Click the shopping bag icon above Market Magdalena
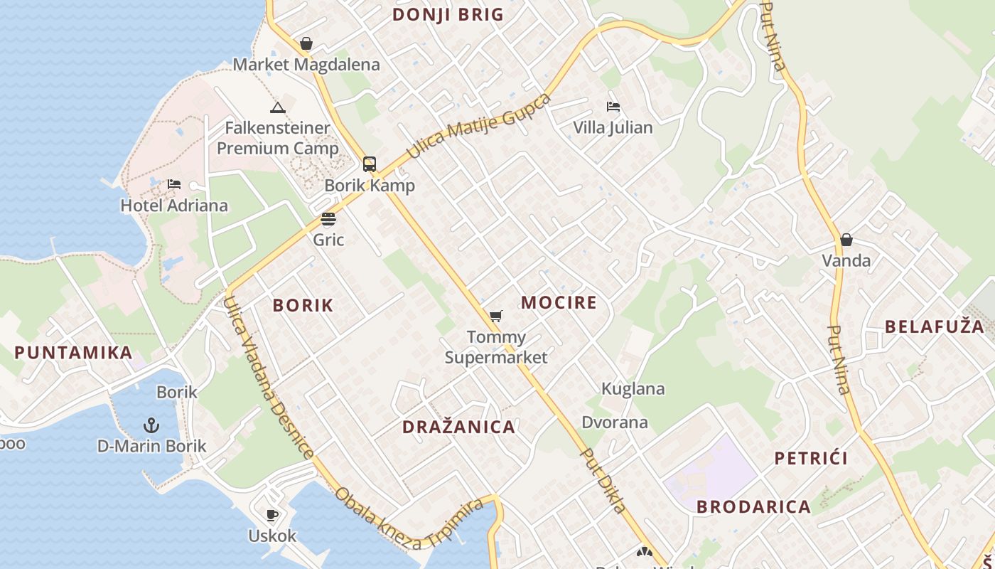pyautogui.click(x=306, y=43)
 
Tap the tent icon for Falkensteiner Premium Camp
pyautogui.click(x=277, y=107)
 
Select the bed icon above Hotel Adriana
pyautogui.click(x=174, y=184)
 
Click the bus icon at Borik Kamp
pyautogui.click(x=370, y=164)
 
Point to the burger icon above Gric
pyautogui.click(x=328, y=218)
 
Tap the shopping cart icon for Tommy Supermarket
pyautogui.click(x=495, y=316)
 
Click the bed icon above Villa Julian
pyautogui.click(x=613, y=107)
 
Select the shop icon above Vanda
pyautogui.click(x=846, y=240)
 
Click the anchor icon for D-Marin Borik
pyautogui.click(x=151, y=425)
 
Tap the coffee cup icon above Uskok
pyautogui.click(x=271, y=514)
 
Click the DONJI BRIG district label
pyautogui.click(x=448, y=14)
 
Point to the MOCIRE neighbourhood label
pyautogui.click(x=559, y=302)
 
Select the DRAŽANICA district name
pyautogui.click(x=458, y=427)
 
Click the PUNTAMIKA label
pyautogui.click(x=73, y=352)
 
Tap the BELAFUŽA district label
pyautogui.click(x=938, y=326)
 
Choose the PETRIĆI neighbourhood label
pyautogui.click(x=811, y=457)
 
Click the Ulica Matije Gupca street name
pyautogui.click(x=478, y=125)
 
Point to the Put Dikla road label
pyautogui.click(x=603, y=479)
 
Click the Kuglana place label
pyautogui.click(x=633, y=388)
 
